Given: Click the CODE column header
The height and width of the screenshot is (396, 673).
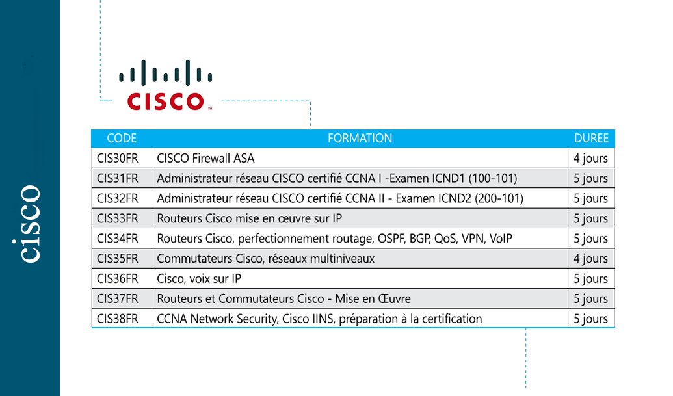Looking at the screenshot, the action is click(x=122, y=138).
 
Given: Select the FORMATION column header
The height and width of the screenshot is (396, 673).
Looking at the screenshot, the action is click(x=360, y=138).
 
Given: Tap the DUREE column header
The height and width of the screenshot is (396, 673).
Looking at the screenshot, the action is click(x=591, y=138).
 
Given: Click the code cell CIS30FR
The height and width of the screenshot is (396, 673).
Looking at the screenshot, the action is click(x=118, y=158).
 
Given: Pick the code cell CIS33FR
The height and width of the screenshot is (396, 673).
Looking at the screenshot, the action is click(x=118, y=218).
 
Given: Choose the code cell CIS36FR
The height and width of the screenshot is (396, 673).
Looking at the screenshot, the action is click(x=118, y=278).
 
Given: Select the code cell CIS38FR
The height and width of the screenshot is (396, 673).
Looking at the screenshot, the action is click(x=118, y=319).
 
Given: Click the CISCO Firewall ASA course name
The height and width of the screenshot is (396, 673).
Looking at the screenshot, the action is click(x=205, y=158).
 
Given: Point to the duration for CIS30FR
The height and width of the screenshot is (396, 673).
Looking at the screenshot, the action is click(x=590, y=159).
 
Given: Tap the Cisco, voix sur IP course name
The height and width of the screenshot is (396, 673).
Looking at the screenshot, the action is click(x=199, y=279).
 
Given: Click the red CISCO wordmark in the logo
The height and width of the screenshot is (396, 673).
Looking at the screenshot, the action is click(x=165, y=101).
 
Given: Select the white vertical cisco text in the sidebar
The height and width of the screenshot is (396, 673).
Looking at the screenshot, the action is click(x=30, y=224).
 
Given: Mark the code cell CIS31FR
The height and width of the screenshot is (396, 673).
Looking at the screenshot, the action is click(x=118, y=178).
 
